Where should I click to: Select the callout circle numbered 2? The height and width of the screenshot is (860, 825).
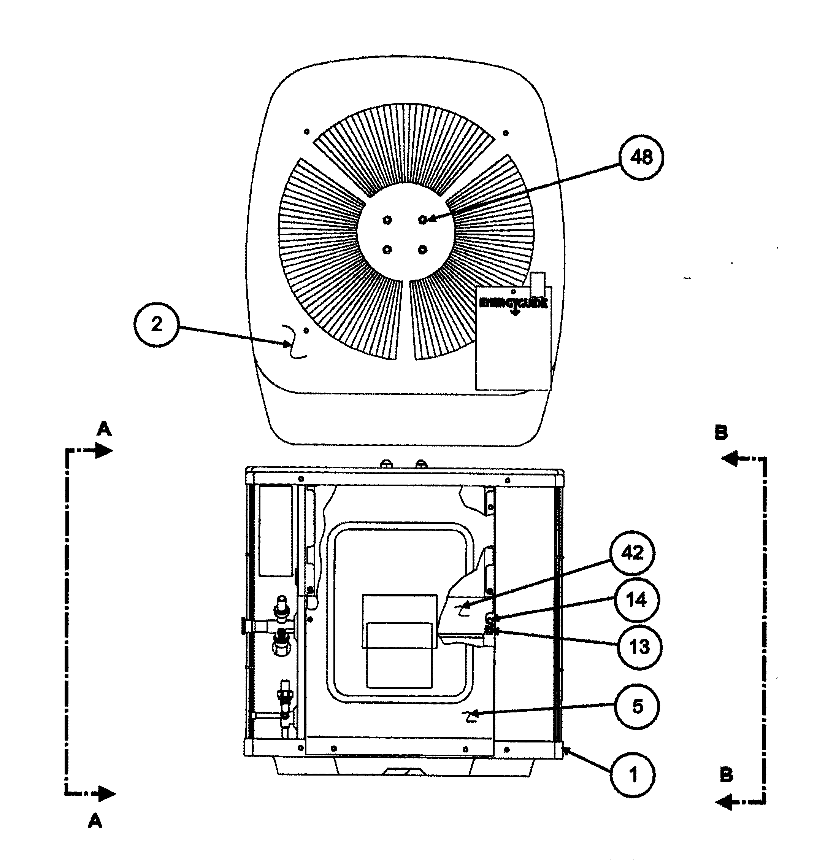[x=157, y=324]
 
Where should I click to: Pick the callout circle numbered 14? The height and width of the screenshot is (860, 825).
[x=636, y=599]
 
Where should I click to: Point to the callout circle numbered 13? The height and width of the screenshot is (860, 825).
[x=639, y=647]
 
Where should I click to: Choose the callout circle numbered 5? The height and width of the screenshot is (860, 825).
[x=637, y=706]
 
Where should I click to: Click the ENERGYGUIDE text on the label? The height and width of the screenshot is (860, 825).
[x=513, y=303]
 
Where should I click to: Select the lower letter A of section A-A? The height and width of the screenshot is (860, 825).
[x=95, y=820]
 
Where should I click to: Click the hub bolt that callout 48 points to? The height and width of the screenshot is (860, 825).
[x=422, y=219]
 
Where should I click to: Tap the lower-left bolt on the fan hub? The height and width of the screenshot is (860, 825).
[x=387, y=250]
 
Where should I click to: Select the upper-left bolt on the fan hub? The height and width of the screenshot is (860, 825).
[x=387, y=219]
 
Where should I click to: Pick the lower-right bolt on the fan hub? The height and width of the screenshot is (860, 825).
[x=422, y=250]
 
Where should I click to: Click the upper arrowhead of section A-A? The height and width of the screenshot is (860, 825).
[x=105, y=450]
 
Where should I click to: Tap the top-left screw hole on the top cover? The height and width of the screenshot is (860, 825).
[x=306, y=132]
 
